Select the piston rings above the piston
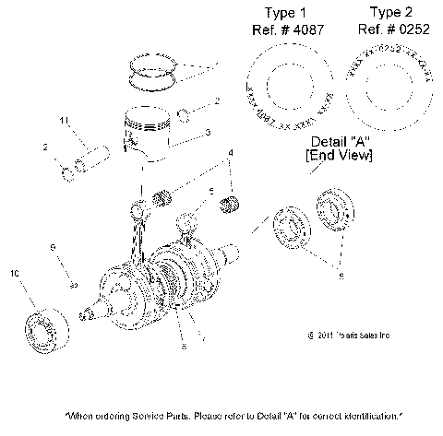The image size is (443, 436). pos(152,71)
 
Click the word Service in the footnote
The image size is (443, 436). pos(145,416)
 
